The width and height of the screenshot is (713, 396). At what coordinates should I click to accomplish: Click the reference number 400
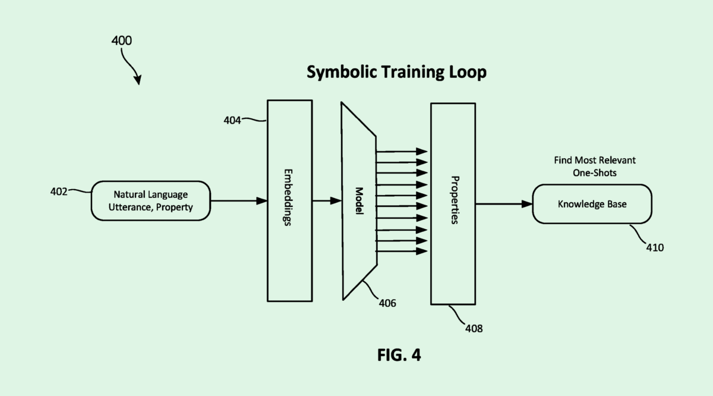point(121,41)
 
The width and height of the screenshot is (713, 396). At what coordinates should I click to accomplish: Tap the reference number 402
point(59,191)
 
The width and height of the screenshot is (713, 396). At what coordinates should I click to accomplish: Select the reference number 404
point(232,120)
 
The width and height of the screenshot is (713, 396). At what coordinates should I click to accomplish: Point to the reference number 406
point(387,303)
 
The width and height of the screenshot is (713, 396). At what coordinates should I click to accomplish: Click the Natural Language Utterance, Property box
point(150,201)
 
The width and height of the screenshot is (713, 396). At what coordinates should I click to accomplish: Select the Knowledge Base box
point(592,204)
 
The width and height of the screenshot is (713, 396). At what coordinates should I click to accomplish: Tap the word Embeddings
point(290,200)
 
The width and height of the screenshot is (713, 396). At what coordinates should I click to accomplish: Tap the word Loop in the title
point(469,73)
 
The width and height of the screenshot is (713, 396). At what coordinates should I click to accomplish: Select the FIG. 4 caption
point(399,355)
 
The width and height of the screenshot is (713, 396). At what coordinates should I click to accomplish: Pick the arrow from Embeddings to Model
point(327,201)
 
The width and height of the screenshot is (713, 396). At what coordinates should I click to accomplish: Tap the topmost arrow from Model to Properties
point(402,150)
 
